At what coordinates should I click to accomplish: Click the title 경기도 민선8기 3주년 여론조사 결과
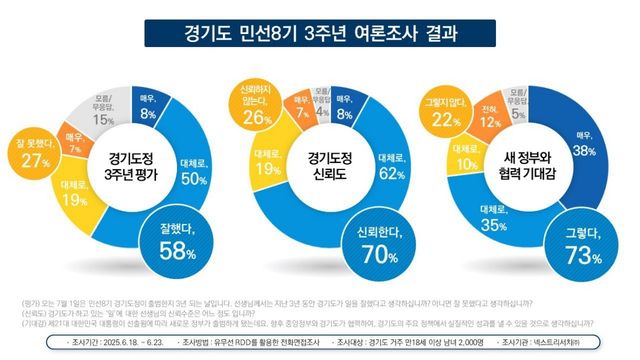320,33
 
